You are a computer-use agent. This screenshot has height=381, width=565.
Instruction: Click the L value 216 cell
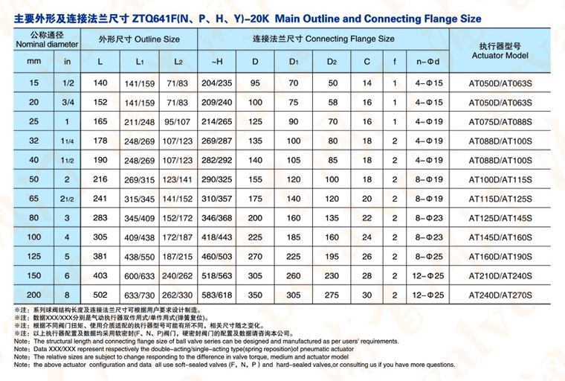tap(103, 180)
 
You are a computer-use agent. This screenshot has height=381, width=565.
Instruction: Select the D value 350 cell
tap(255, 295)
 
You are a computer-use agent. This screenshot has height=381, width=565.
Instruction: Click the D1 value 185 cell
tap(294, 237)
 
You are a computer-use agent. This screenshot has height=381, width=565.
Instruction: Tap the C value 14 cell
tap(367, 83)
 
